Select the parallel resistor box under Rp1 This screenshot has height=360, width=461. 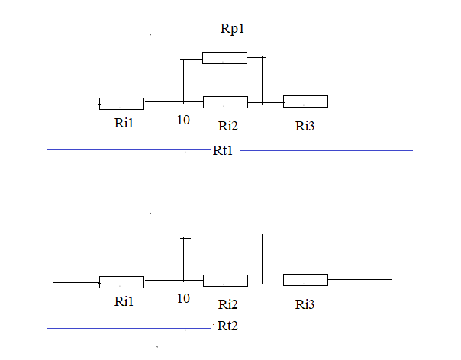[224, 57]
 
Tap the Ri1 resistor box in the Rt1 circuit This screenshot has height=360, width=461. [121, 103]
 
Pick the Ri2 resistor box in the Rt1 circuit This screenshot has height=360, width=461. [225, 101]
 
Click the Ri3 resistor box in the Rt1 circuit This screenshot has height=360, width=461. [305, 101]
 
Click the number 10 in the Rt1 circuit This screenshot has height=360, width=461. [183, 121]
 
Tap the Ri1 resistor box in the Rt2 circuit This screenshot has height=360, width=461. [121, 281]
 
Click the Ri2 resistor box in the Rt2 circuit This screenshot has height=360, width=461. [225, 280]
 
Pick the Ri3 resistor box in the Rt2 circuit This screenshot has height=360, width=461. [305, 279]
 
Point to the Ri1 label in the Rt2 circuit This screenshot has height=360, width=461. [124, 301]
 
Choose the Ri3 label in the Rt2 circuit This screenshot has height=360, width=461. [305, 304]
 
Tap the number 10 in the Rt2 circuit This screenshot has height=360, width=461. [183, 298]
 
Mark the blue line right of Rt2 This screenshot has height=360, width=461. [328, 329]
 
